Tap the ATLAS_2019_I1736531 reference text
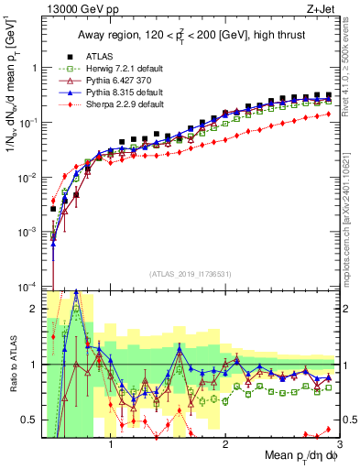click(x=188, y=274)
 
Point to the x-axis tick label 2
click(x=226, y=439)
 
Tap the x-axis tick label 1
click(x=111, y=439)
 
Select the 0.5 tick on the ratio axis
click(x=32, y=420)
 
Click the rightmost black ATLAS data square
click(x=328, y=94)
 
